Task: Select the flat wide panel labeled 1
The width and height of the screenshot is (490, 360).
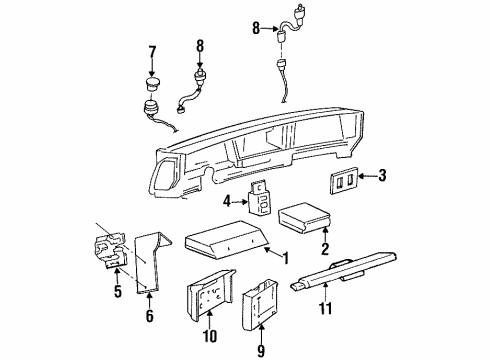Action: click(228, 245)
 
